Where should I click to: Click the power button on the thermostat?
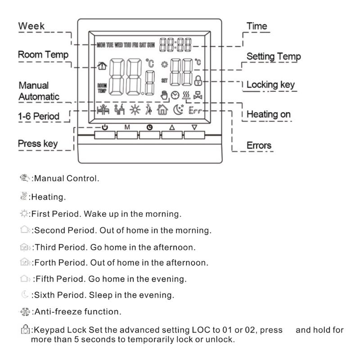click(105, 134)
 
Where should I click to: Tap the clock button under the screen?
click(150, 134)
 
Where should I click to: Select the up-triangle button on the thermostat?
click(172, 134)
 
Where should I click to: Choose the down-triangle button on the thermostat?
click(194, 134)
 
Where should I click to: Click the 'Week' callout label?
click(31, 26)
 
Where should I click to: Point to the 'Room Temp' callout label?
click(43, 54)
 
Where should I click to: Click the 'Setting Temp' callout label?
click(274, 57)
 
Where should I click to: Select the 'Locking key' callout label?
click(270, 85)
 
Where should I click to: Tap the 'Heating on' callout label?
click(269, 114)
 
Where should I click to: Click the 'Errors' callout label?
click(259, 145)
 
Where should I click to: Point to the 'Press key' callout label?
click(38, 144)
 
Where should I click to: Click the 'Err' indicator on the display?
click(196, 109)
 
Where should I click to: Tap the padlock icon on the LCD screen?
click(198, 81)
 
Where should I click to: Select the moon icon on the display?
click(178, 109)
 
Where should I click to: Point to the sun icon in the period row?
click(135, 109)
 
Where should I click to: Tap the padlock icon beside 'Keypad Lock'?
click(25, 330)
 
